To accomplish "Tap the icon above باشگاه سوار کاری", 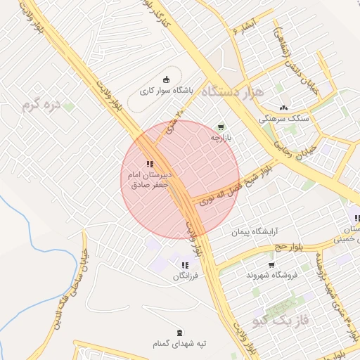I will point(166,79).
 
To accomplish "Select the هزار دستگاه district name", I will point(231,91).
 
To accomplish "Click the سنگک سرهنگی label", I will point(283,120).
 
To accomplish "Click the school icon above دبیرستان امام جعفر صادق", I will point(149,164).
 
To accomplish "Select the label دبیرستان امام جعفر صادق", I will point(150,180).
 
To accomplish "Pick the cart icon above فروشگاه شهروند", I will point(271,264).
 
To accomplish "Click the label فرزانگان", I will point(186,277).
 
